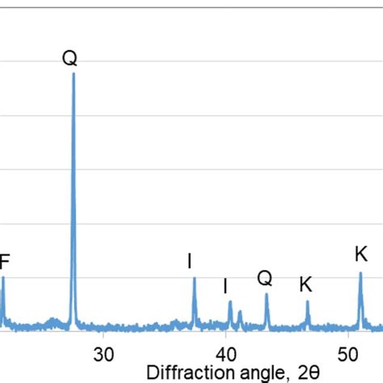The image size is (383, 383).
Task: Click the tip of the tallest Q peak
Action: [74, 74]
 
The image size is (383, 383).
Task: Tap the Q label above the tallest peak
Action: [70, 58]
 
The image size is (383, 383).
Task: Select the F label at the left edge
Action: [5, 261]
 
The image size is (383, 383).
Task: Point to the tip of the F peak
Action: [2, 278]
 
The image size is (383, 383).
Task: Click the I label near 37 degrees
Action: [189, 261]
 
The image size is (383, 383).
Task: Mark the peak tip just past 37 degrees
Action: [194, 279]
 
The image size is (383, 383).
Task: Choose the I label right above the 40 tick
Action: [225, 286]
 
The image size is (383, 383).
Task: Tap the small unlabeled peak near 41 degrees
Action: [240, 312]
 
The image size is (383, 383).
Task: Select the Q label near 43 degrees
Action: [265, 279]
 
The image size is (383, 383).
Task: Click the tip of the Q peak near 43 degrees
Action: [267, 294]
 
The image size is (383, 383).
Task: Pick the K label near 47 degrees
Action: [305, 284]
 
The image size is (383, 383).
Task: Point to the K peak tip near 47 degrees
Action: [307, 301]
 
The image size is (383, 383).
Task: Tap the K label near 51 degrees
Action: [360, 255]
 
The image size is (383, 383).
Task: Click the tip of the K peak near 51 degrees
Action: [360, 273]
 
